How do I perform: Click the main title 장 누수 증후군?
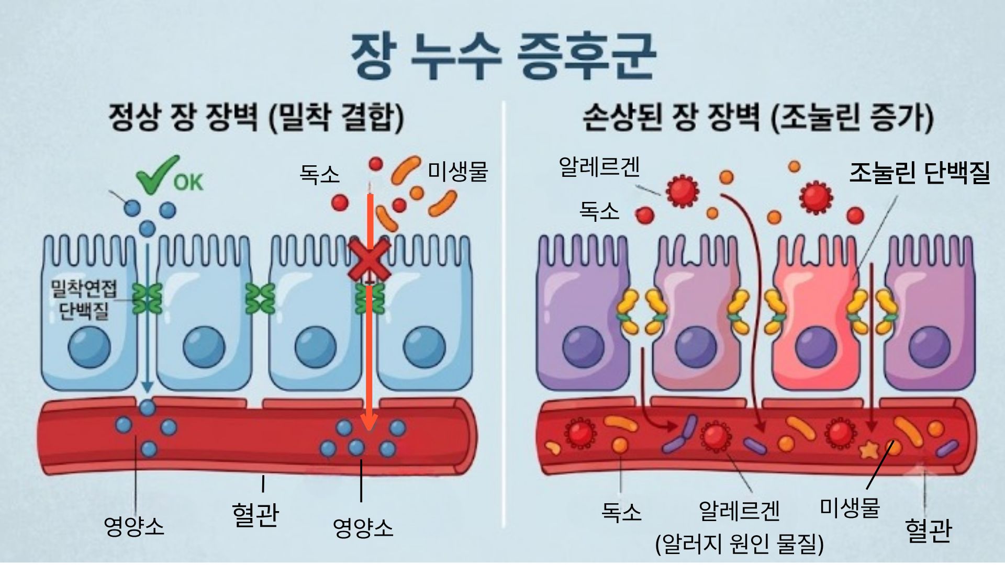(x=502, y=56)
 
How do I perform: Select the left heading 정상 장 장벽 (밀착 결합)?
(x=256, y=117)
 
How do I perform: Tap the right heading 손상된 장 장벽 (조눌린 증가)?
(x=758, y=117)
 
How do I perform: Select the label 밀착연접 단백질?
(x=84, y=300)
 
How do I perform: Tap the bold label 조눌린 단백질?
(x=920, y=173)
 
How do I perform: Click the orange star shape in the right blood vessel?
(x=870, y=449)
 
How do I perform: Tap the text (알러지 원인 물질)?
(x=740, y=544)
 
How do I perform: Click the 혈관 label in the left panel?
(x=255, y=514)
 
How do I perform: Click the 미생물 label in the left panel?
(x=458, y=172)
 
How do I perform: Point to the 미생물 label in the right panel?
(x=850, y=507)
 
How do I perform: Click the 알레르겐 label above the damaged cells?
(x=599, y=167)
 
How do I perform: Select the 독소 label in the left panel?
(x=319, y=174)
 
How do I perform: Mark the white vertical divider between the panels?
(x=504, y=314)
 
